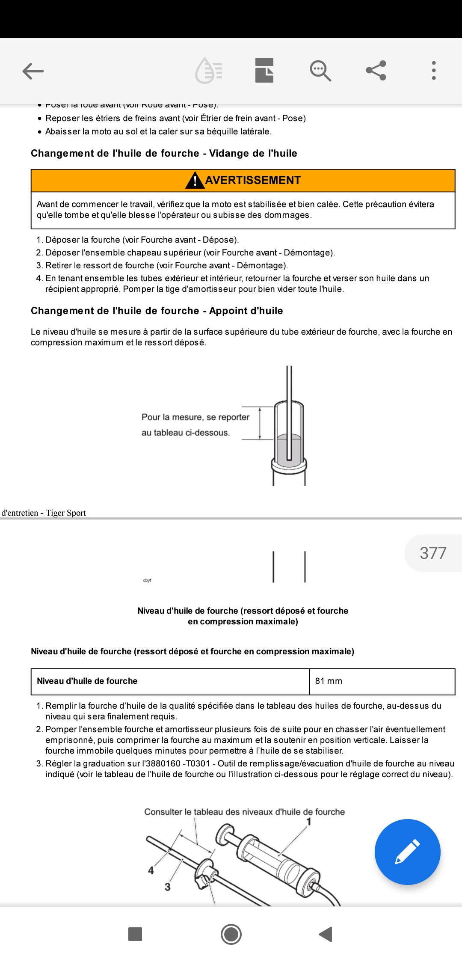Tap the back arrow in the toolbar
(33, 71)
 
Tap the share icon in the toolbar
(376, 71)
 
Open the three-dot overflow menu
(434, 71)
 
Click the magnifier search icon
(320, 71)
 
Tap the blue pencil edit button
(407, 852)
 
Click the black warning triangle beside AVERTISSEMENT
(195, 181)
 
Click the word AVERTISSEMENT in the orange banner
(253, 180)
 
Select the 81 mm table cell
(329, 681)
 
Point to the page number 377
(433, 553)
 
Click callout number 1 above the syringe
(309, 821)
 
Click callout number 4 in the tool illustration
(151, 870)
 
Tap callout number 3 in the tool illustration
(168, 887)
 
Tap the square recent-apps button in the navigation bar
(135, 934)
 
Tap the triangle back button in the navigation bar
(326, 934)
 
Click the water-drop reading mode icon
(208, 71)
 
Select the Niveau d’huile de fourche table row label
(87, 681)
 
